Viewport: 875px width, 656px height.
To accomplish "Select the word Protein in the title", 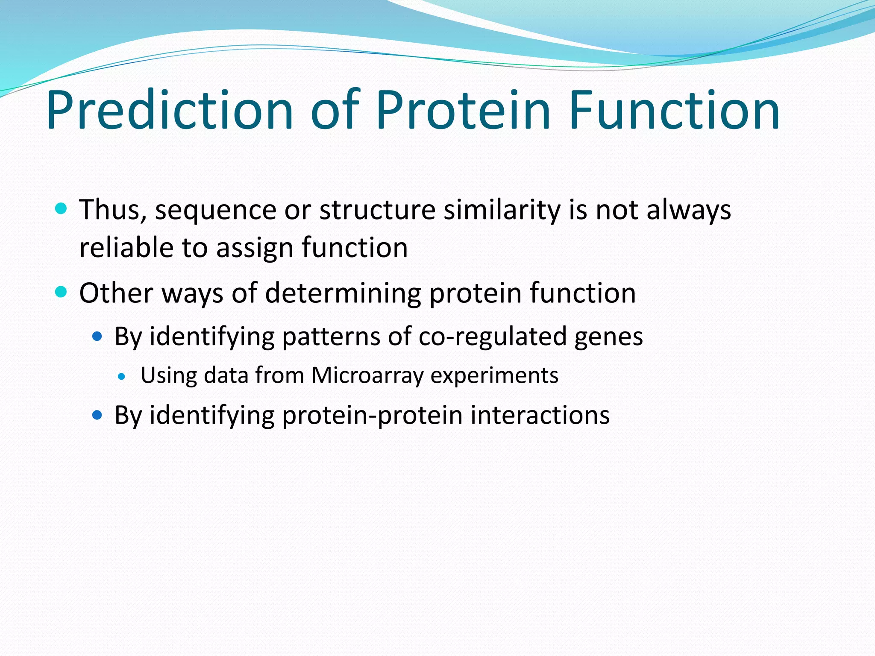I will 463,110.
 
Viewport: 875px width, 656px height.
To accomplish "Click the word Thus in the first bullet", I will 113,210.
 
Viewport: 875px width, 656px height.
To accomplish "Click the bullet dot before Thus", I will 61,209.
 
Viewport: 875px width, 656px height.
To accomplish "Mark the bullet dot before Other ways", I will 61,292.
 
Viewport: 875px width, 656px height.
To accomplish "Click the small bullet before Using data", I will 122,376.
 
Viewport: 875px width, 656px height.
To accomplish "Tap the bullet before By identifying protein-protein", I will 97,415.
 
